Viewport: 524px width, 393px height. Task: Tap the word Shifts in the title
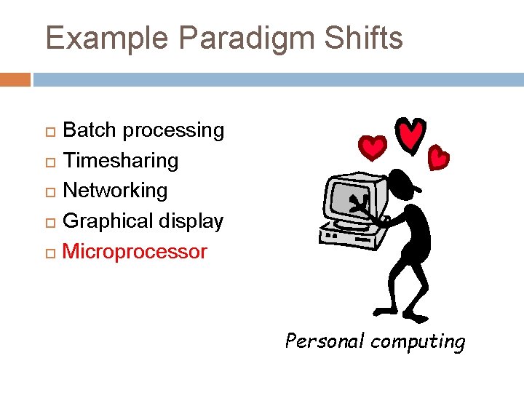tap(363, 38)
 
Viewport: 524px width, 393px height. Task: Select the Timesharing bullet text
tap(121, 161)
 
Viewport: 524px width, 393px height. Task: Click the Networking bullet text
tap(115, 191)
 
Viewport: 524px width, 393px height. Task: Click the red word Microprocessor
tap(135, 252)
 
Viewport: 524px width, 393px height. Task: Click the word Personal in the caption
tap(324, 341)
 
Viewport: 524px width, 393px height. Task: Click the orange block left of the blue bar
tap(15, 79)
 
